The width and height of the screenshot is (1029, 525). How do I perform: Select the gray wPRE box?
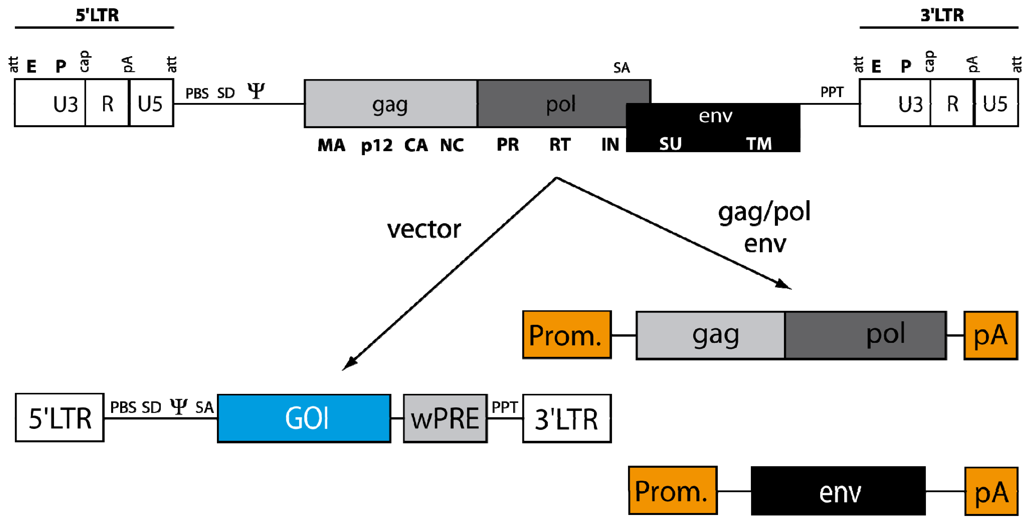tap(445, 418)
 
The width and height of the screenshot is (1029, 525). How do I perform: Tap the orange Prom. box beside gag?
tap(567, 335)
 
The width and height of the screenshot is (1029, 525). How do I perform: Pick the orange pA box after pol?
tap(990, 335)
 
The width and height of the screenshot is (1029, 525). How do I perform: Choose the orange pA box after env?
tap(991, 491)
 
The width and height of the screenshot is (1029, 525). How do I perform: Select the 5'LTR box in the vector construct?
tap(59, 417)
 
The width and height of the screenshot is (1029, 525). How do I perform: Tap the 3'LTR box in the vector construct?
tap(567, 418)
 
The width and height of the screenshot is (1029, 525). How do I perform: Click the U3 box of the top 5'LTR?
tap(50, 103)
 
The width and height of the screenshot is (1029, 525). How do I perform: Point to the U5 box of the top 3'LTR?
tap(996, 103)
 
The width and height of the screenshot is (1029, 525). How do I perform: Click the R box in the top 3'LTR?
tap(952, 103)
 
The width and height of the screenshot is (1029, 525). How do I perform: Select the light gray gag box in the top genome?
tap(390, 104)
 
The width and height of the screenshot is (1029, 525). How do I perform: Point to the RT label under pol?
tap(560, 145)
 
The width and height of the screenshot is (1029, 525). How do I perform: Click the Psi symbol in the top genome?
tap(256, 91)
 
